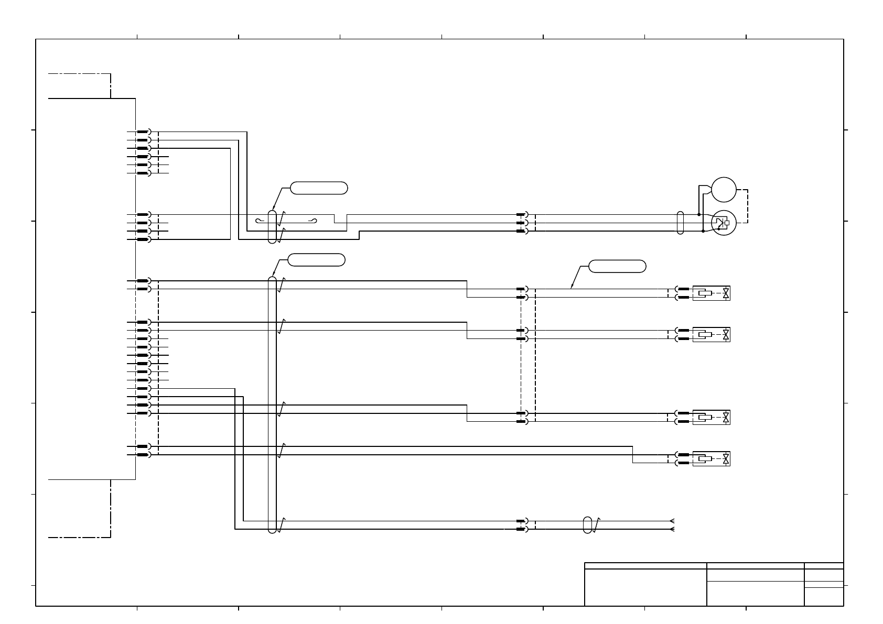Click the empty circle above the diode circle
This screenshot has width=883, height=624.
[724, 190]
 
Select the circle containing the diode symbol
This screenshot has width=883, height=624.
[724, 223]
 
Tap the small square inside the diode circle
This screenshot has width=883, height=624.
[727, 223]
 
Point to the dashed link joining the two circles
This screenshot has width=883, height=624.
[748, 206]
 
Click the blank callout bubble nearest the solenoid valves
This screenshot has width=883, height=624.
[617, 266]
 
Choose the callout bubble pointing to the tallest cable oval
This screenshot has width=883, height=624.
[317, 259]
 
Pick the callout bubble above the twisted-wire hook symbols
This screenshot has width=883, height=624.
[319, 188]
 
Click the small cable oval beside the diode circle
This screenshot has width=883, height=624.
[681, 223]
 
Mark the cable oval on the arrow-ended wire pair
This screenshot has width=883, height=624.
[588, 525]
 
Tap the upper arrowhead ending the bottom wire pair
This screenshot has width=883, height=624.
[672, 521]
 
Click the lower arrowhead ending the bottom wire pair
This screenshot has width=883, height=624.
[672, 529]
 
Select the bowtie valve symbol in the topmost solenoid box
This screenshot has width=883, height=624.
[726, 293]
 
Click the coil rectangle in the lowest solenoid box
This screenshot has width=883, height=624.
[705, 459]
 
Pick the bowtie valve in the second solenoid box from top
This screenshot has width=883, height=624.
[726, 334]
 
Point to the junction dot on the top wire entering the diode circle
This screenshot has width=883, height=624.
[699, 214]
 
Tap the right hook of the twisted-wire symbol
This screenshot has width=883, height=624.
[315, 221]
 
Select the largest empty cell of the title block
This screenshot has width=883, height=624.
[645, 587]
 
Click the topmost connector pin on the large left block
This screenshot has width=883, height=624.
[142, 132]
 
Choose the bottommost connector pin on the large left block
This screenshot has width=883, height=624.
[142, 455]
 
